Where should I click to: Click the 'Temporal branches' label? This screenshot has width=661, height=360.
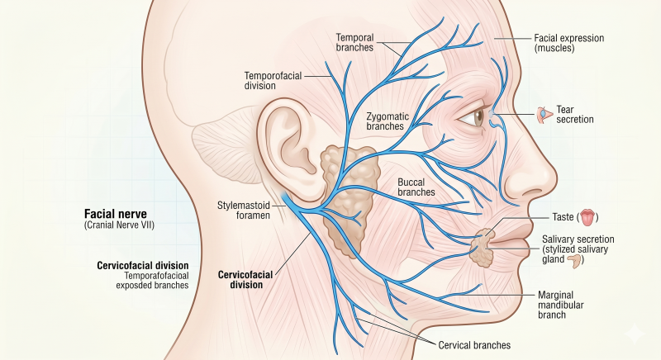pos(354,43)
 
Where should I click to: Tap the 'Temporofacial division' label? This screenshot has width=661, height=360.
pos(273,80)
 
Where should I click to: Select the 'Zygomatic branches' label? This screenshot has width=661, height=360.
pos(388,121)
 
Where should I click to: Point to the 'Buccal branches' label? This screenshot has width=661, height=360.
pos(416,187)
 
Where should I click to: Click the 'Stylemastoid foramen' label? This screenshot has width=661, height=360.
pos(244,210)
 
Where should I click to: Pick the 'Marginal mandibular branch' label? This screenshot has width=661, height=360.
pos(561,305)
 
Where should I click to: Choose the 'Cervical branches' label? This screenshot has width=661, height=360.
pos(474,345)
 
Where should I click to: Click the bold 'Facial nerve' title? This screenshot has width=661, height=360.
pos(116,214)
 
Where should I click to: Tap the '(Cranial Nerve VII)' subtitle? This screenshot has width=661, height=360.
pos(119,225)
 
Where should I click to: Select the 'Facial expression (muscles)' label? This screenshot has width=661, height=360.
pos(569,43)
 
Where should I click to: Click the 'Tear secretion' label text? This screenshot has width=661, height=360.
pos(574,115)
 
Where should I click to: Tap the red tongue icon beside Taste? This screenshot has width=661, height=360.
pos(587,217)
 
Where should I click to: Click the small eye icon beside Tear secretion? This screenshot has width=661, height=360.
pos(544,115)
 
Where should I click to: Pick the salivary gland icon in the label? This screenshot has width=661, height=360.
pos(573,261)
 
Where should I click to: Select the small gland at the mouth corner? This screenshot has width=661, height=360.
pos(483,249)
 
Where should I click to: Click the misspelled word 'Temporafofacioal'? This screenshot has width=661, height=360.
pos(156,276)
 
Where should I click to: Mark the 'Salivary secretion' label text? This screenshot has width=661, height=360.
pos(578,239)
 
